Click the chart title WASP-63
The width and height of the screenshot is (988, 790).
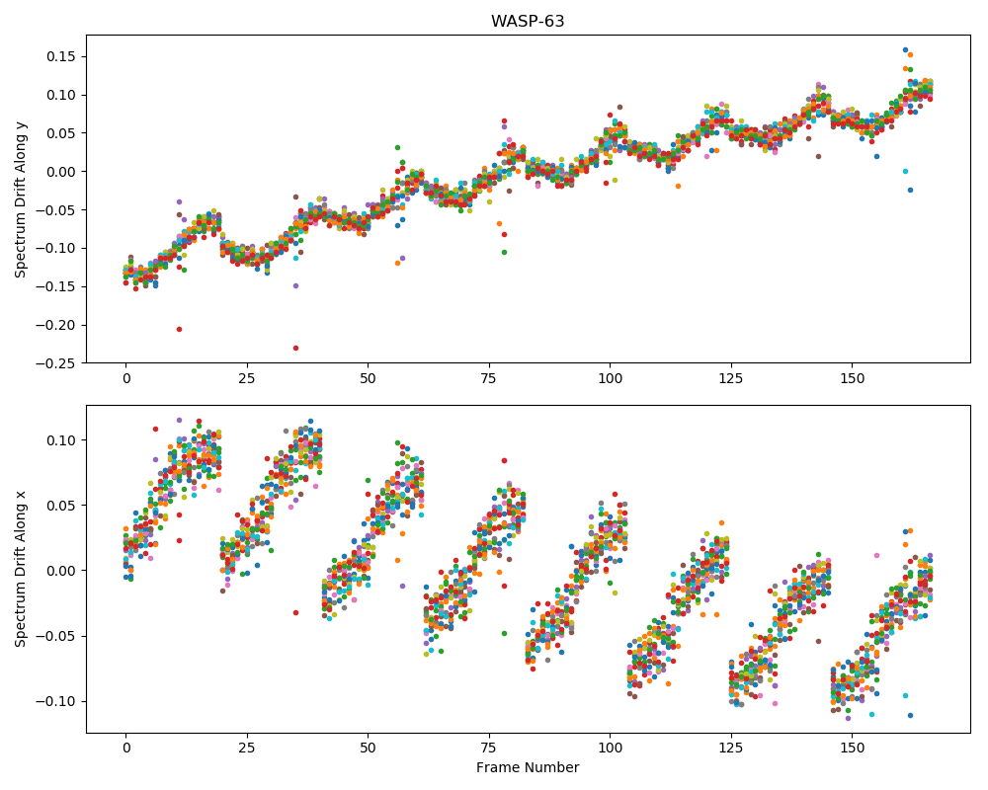click(528, 21)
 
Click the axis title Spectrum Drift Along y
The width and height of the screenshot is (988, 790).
click(21, 199)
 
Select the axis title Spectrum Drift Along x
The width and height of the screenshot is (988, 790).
click(21, 570)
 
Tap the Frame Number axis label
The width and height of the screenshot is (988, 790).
click(528, 767)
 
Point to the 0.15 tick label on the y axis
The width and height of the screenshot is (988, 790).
click(61, 56)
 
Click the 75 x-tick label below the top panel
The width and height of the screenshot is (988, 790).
click(488, 378)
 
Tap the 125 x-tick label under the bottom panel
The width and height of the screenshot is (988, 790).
click(731, 748)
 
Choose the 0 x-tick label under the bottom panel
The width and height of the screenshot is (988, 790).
click(126, 748)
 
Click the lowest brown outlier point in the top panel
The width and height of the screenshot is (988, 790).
click(818, 156)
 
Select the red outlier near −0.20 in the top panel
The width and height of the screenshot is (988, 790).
click(179, 330)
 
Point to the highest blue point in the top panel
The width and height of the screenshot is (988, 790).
click(905, 49)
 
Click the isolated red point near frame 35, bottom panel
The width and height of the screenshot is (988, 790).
click(295, 612)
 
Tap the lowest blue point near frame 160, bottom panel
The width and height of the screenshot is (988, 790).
click(911, 715)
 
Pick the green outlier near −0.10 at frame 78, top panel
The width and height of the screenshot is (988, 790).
click(504, 252)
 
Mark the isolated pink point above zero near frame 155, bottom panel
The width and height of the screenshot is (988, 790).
click(876, 556)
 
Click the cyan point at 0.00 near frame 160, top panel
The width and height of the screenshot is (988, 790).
click(905, 172)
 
